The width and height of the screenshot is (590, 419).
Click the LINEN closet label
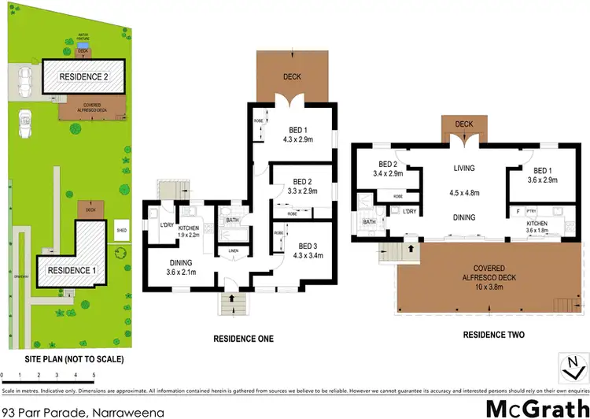(233, 250)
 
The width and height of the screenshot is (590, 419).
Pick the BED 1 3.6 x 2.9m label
(544, 175)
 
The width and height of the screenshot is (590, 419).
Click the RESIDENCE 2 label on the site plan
(83, 76)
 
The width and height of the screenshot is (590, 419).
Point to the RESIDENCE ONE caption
(244, 339)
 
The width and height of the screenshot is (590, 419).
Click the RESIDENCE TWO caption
(493, 335)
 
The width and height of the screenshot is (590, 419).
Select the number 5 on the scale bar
(94, 374)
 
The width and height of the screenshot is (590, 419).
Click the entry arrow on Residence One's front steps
(231, 299)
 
